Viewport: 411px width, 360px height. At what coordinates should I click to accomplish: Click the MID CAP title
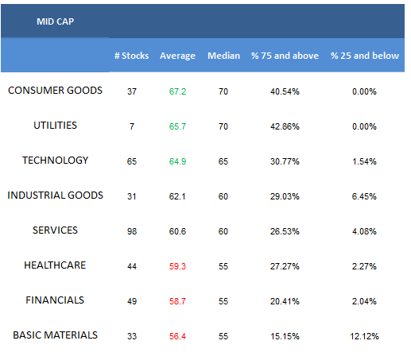tap(55, 21)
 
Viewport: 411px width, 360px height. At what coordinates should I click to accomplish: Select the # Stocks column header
tap(131, 56)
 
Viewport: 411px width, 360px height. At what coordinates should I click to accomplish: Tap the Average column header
tap(177, 56)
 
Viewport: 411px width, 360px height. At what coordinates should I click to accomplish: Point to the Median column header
tap(223, 56)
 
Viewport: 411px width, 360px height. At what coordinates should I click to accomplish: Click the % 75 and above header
tap(285, 56)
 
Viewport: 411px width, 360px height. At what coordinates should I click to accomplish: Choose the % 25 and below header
tap(365, 56)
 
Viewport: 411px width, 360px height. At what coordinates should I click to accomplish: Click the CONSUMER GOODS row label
tap(55, 91)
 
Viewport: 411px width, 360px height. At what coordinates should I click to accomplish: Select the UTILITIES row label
tap(55, 126)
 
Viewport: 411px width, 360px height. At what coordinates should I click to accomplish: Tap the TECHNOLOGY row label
tap(55, 161)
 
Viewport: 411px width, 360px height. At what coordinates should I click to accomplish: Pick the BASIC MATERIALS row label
tap(55, 335)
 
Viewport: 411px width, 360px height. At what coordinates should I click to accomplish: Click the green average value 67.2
tap(177, 91)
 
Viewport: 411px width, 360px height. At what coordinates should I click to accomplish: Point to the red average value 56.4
tap(177, 336)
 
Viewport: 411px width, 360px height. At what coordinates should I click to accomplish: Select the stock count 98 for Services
tap(132, 231)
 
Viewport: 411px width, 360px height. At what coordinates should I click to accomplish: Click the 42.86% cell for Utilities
tap(285, 126)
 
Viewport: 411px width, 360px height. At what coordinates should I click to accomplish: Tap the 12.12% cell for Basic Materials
tap(364, 336)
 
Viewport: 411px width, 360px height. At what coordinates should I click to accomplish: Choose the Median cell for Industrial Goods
tap(223, 196)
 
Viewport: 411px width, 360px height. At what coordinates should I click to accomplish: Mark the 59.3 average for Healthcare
tap(177, 266)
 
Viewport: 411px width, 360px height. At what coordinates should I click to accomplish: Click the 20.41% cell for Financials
tap(285, 301)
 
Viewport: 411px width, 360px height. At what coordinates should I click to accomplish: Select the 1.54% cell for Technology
tap(364, 161)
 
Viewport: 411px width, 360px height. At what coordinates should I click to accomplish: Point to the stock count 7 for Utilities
tap(132, 126)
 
